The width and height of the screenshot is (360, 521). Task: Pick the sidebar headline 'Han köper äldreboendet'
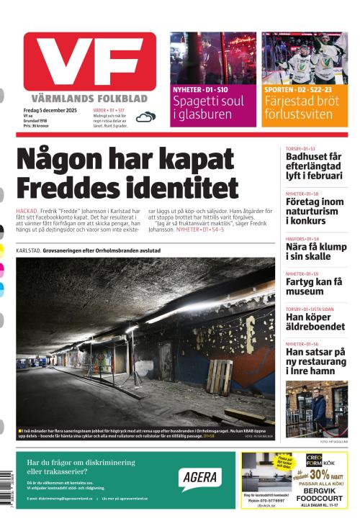pos(314,321)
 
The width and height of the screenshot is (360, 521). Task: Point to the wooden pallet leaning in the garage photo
pos(220,375)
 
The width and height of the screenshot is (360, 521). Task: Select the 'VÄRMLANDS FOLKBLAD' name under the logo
pos(89,98)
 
